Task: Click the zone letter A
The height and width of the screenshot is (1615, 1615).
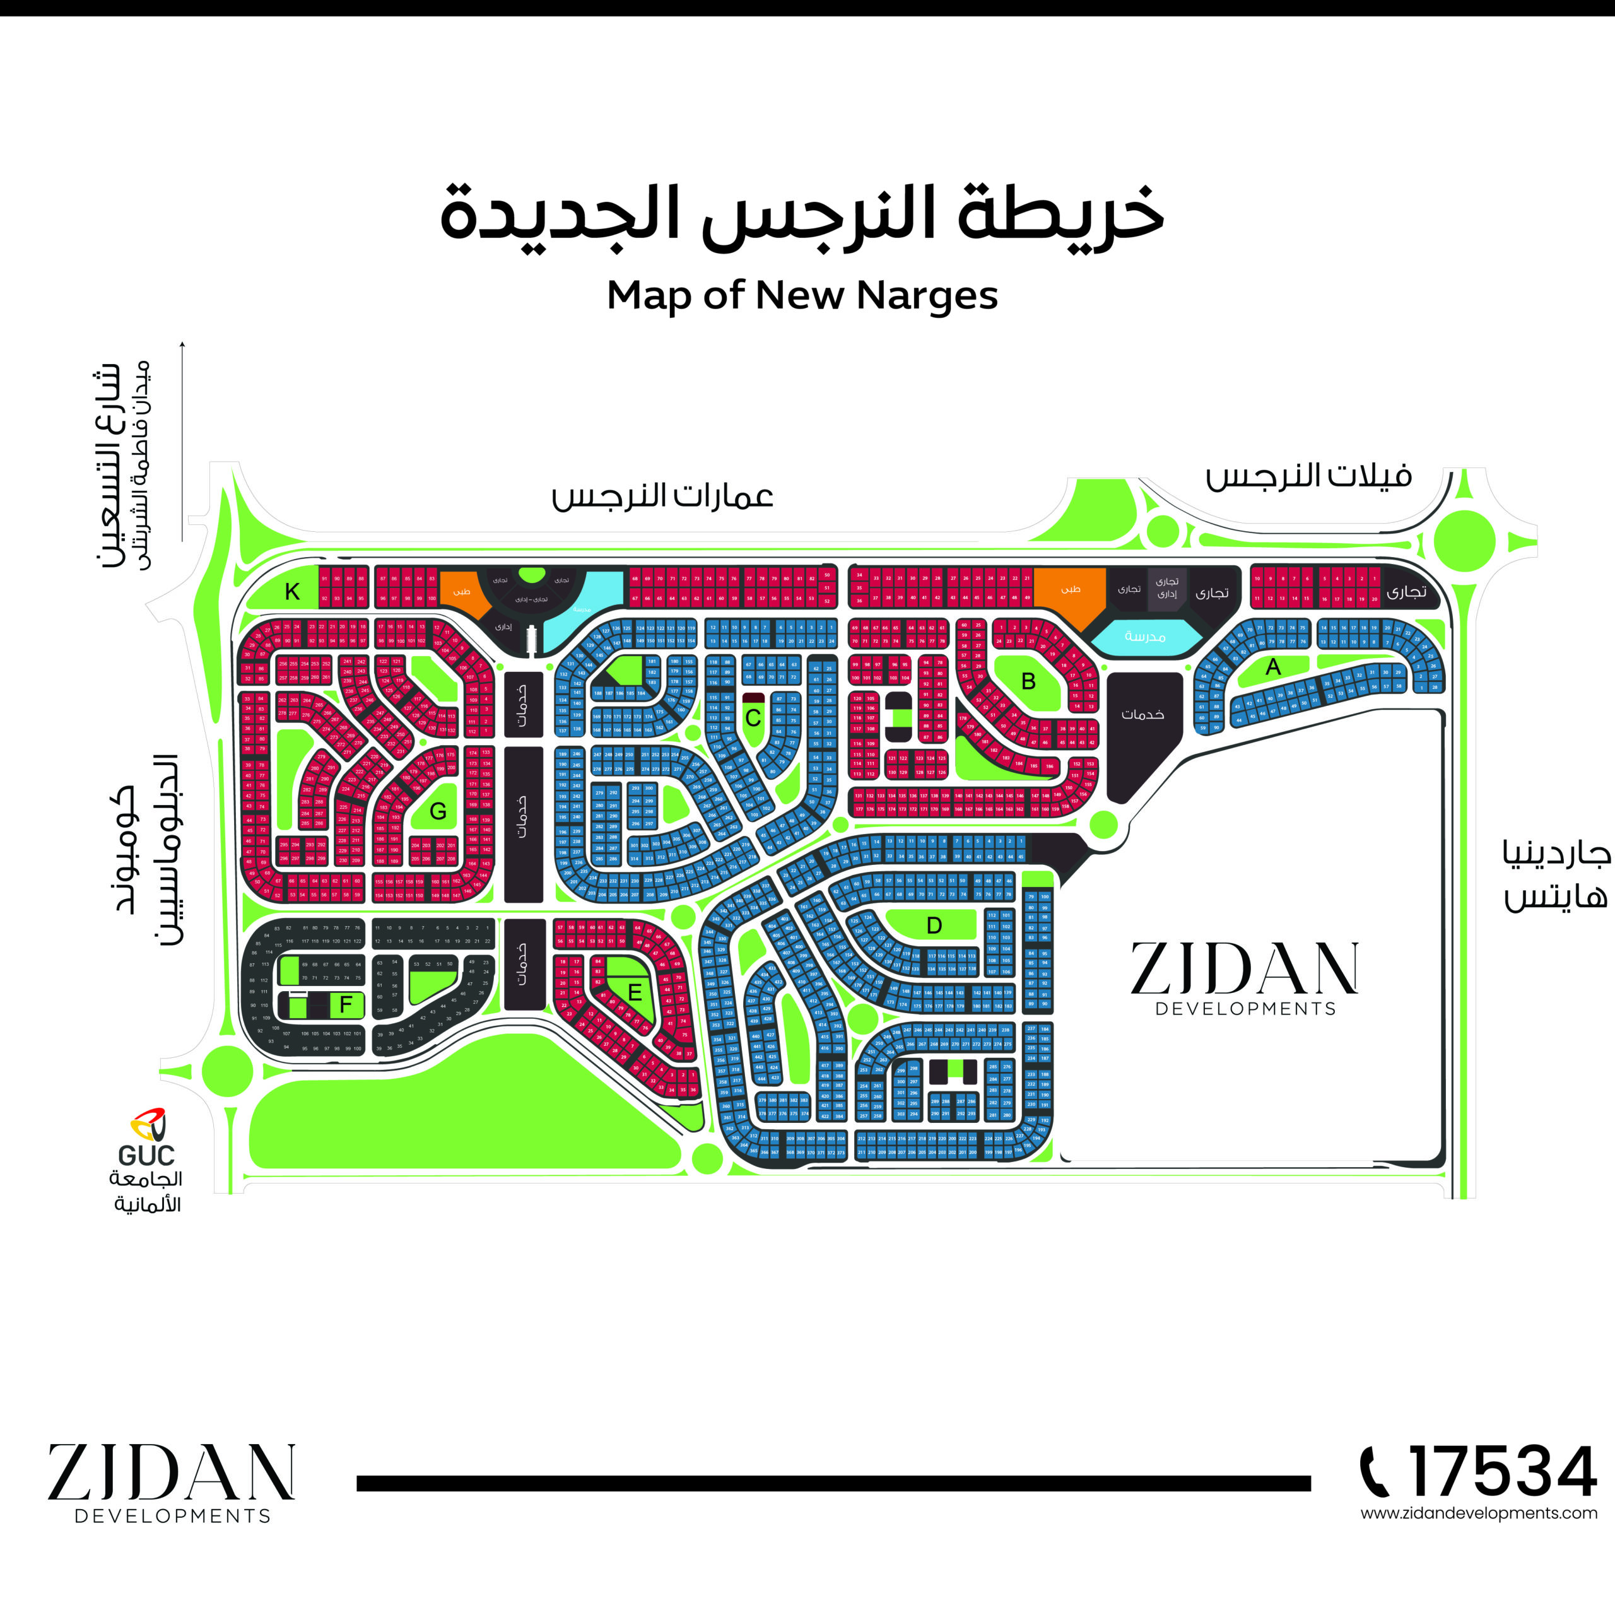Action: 1272,667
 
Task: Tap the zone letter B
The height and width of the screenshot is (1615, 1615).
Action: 1028,682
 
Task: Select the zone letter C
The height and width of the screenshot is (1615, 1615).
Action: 753,718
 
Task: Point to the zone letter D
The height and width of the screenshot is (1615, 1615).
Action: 934,925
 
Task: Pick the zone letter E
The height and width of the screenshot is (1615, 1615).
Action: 635,992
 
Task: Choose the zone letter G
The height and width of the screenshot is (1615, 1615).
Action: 438,811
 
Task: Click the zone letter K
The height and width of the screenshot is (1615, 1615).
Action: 291,592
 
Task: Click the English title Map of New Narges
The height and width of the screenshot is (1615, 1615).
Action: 802,296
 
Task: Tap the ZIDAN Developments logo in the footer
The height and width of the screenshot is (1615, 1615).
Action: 172,1482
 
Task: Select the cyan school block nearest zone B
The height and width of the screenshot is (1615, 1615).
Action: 1144,637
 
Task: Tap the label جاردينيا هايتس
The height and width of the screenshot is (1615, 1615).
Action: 1556,875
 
